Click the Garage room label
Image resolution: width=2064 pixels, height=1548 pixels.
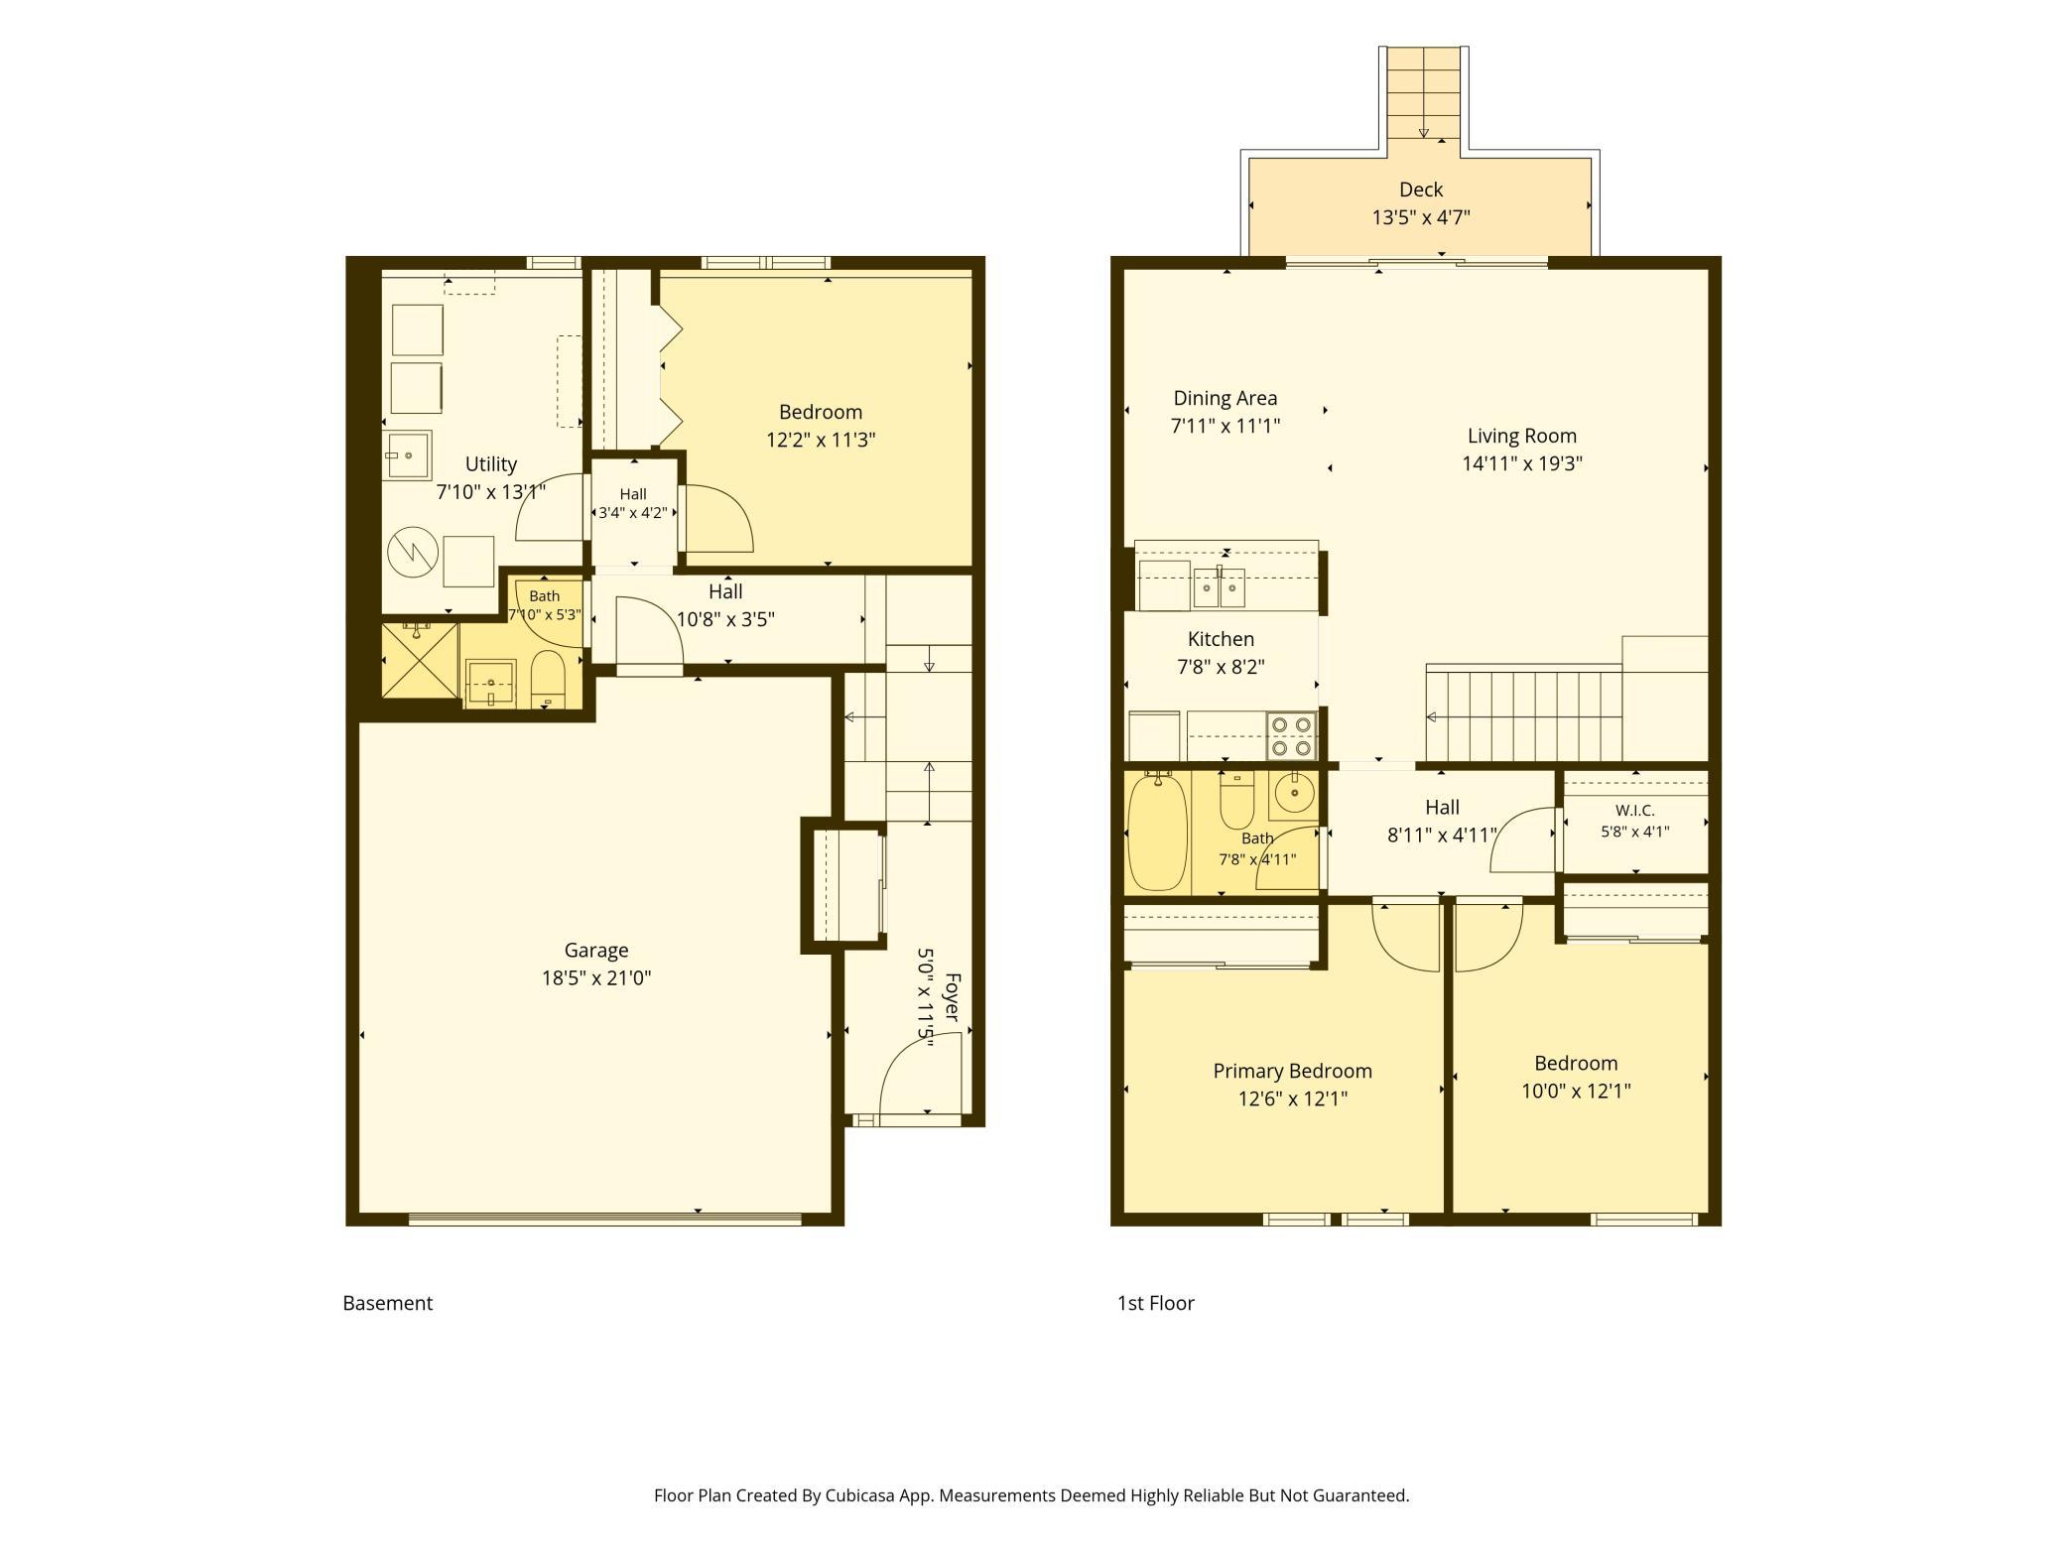pos(596,950)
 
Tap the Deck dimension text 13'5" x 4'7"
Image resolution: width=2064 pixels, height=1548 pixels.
pos(1421,217)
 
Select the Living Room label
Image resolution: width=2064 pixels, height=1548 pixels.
pos(1522,436)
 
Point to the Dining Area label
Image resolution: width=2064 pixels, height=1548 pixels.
pos(1225,398)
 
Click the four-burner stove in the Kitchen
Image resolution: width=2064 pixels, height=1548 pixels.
pos(1291,736)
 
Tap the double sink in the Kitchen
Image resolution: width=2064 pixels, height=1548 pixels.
pos(1220,589)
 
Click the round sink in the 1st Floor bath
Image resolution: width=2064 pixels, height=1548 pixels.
pos(1293,793)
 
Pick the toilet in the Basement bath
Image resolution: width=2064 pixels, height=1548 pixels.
pos(548,677)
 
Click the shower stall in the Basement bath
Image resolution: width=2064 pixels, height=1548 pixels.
pos(420,660)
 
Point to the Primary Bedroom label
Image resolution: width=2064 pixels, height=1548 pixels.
pos(1292,1071)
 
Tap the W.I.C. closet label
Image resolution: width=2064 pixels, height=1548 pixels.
pos(1634,811)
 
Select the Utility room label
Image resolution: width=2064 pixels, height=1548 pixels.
pos(491,463)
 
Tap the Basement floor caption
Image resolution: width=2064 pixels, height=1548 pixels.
pos(387,1303)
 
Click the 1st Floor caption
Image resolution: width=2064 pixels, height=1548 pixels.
pos(1156,1303)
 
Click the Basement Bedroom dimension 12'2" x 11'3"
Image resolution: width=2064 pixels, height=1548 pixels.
pos(821,440)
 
